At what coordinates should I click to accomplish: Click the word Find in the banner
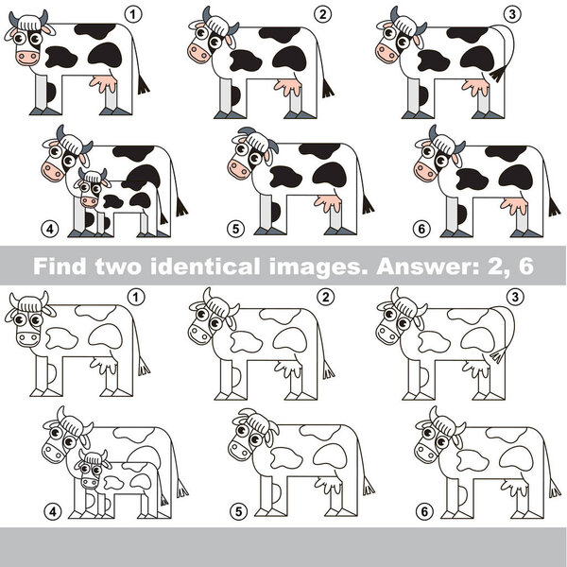pyautogui.click(x=56, y=266)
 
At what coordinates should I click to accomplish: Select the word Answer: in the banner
pyautogui.click(x=414, y=266)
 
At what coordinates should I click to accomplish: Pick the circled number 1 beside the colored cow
pyautogui.click(x=133, y=13)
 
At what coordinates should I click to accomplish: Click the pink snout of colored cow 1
pyautogui.click(x=25, y=58)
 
